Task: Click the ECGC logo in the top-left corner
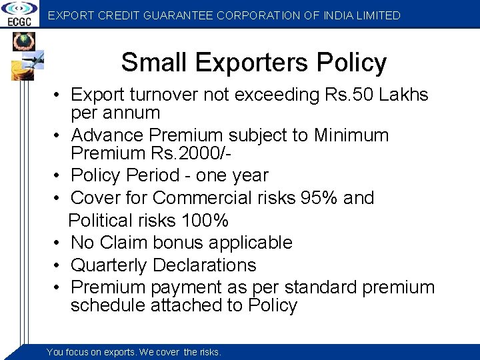(x=19, y=14)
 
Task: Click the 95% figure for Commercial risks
(x=319, y=198)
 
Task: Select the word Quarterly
(x=109, y=265)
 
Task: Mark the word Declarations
(x=205, y=265)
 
